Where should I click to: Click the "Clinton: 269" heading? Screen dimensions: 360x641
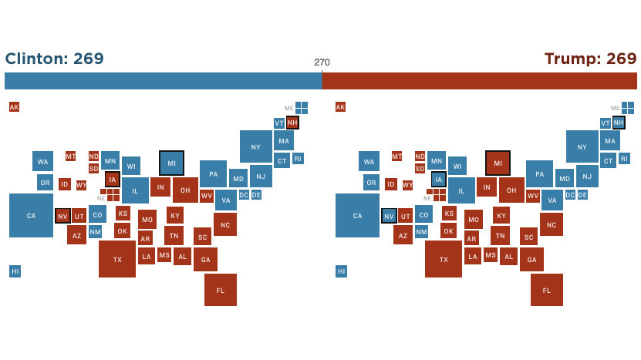click(x=54, y=59)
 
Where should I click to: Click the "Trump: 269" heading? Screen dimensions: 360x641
click(x=590, y=59)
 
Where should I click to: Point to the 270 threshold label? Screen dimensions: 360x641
click(x=322, y=62)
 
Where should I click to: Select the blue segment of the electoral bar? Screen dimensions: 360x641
click(x=163, y=81)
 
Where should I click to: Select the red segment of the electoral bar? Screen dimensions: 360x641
click(x=479, y=81)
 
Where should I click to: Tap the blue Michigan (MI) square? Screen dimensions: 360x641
click(x=171, y=163)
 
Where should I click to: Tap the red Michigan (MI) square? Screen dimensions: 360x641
click(x=498, y=163)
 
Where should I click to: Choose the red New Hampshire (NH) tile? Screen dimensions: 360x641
click(x=292, y=123)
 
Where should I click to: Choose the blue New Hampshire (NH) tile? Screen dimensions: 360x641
click(x=619, y=123)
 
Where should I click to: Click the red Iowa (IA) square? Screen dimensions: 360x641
click(x=113, y=180)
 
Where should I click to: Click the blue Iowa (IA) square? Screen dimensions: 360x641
click(x=439, y=180)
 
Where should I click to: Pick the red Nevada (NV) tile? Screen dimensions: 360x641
click(x=62, y=216)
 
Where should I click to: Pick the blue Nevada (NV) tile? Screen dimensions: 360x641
click(x=389, y=216)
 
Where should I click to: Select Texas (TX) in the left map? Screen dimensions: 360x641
click(x=117, y=259)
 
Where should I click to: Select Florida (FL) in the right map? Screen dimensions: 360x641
click(x=546, y=290)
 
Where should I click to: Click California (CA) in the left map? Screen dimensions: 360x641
click(x=31, y=215)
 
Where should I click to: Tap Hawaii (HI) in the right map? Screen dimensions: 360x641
click(x=341, y=271)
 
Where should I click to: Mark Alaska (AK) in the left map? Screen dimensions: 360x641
click(x=14, y=107)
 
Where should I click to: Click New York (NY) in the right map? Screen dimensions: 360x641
click(x=582, y=146)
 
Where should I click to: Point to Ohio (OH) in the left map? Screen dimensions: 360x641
click(x=185, y=190)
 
